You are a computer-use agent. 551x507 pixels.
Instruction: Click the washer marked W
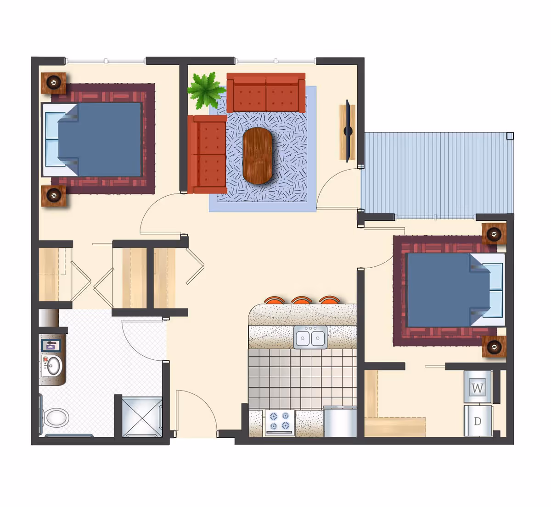pyautogui.click(x=478, y=387)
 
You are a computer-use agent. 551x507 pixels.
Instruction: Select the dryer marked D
pyautogui.click(x=478, y=421)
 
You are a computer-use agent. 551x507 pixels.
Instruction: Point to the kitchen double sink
pyautogui.click(x=310, y=338)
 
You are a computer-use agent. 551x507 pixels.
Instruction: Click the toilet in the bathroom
pyautogui.click(x=56, y=418)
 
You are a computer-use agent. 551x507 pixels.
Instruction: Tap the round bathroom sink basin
pyautogui.click(x=53, y=365)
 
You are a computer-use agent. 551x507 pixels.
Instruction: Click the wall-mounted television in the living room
pyautogui.click(x=349, y=131)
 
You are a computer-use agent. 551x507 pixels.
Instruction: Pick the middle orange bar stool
pyautogui.click(x=302, y=301)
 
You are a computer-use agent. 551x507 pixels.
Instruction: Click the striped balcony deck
pyautogui.click(x=436, y=174)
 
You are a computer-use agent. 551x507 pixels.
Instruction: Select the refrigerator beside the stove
pyautogui.click(x=340, y=422)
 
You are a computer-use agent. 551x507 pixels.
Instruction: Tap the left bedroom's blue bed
pyautogui.click(x=99, y=139)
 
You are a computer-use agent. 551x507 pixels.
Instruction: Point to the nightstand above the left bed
pyautogui.click(x=54, y=83)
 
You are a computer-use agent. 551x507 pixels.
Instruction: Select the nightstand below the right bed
pyautogui.click(x=494, y=347)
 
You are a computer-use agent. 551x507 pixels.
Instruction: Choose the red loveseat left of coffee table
pyautogui.click(x=207, y=154)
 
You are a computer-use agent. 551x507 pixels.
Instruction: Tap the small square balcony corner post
pyautogui.click(x=510, y=136)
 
